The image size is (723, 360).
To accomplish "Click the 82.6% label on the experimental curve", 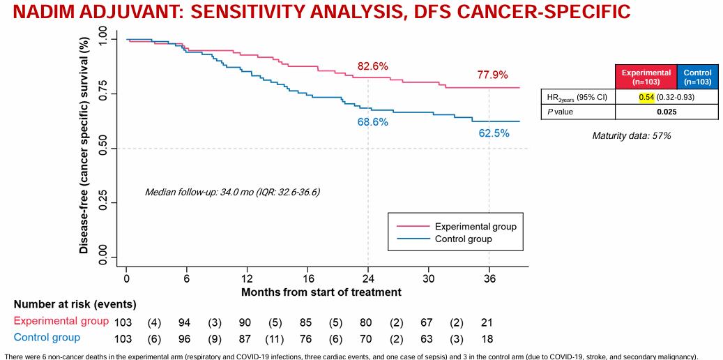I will click(373, 66).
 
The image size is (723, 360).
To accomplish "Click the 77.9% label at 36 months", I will click(493, 75).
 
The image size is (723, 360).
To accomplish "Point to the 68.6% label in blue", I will click(373, 122).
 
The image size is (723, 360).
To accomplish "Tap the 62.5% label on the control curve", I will click(494, 133).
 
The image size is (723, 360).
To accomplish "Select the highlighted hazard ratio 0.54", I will click(646, 97).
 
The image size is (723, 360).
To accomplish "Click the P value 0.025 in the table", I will click(667, 112).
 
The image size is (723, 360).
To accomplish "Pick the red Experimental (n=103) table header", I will click(646, 77).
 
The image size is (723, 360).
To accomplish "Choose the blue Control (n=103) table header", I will click(697, 77).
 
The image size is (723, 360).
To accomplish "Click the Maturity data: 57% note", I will click(632, 135).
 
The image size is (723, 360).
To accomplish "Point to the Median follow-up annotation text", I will click(232, 192).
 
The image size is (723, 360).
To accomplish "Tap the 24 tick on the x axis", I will click(367, 278).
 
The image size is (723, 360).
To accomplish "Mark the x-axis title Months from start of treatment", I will click(321, 292).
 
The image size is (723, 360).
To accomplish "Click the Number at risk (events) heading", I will click(75, 304).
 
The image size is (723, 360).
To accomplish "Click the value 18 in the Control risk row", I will click(487, 338).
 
